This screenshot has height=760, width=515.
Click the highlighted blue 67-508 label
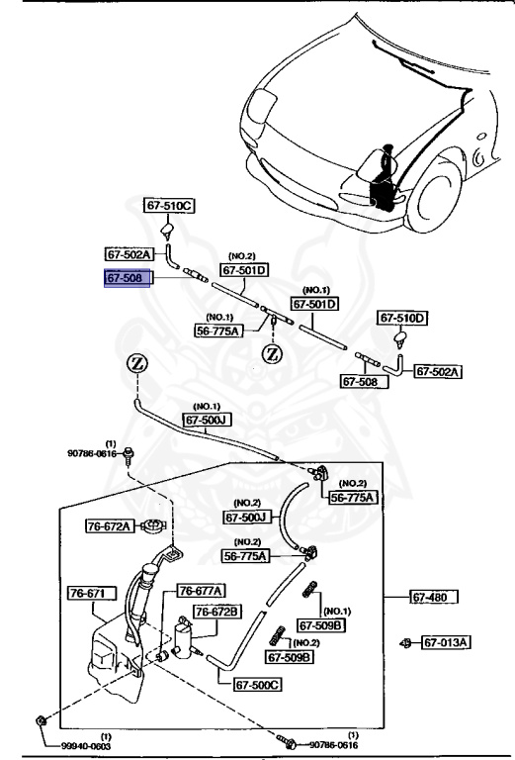(128, 280)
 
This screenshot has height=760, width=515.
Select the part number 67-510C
(170, 206)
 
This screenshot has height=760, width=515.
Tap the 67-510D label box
(404, 318)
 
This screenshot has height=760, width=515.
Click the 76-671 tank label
(90, 594)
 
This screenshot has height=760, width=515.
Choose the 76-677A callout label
(201, 591)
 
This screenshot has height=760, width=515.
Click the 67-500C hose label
(257, 684)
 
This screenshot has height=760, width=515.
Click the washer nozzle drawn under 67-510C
(168, 233)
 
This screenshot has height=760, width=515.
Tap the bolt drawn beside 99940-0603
(38, 720)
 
